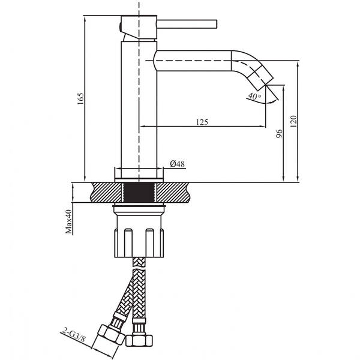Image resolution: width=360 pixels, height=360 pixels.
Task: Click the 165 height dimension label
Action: [81, 99]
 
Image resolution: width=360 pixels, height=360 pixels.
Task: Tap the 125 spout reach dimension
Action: [202, 122]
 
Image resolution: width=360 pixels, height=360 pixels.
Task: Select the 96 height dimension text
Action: [279, 133]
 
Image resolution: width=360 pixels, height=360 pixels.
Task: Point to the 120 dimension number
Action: [293, 121]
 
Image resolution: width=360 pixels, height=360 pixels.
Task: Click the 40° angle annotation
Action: [254, 96]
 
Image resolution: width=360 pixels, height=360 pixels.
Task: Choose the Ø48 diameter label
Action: [177, 164]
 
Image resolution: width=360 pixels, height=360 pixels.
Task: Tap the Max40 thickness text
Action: [68, 221]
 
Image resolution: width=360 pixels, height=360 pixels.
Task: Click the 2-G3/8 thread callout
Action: [74, 337]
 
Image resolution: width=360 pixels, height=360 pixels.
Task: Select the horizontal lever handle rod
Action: [187, 25]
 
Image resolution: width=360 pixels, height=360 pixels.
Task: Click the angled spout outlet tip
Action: [266, 82]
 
